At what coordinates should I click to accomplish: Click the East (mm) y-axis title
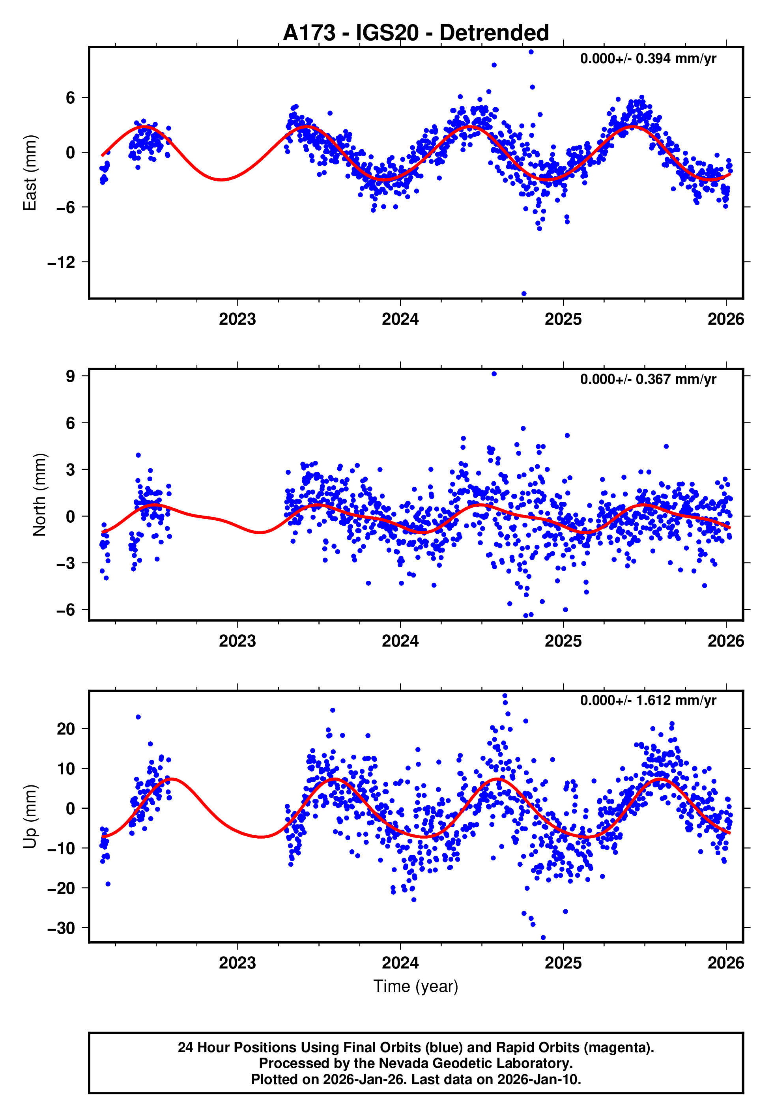pyautogui.click(x=30, y=173)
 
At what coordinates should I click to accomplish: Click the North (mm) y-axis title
pyautogui.click(x=39, y=495)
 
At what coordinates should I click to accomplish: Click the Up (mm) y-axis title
pyautogui.click(x=30, y=817)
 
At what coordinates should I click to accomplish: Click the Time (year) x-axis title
pyautogui.click(x=416, y=986)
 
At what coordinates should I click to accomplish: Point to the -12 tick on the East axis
pyautogui.click(x=61, y=262)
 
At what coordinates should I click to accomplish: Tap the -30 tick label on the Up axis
pyautogui.click(x=61, y=928)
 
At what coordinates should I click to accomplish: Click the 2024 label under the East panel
pyautogui.click(x=400, y=319)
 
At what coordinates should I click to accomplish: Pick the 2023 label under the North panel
pyautogui.click(x=237, y=641)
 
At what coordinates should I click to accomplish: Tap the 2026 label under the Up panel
pyautogui.click(x=725, y=963)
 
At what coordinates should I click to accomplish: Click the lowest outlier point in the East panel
pyautogui.click(x=524, y=294)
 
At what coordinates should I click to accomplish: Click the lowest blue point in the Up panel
pyautogui.click(x=543, y=938)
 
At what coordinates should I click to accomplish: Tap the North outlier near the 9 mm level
pyautogui.click(x=494, y=374)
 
